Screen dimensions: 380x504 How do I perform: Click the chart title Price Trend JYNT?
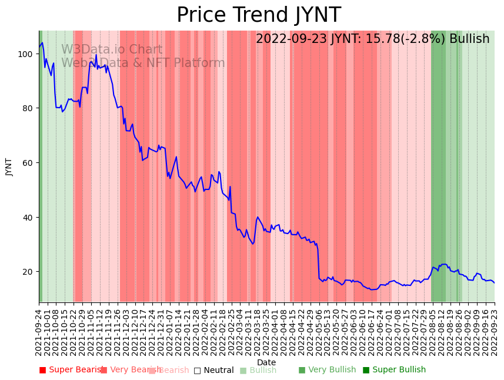pos(258,15)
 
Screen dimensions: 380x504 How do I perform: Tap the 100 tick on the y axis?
pos(26,54)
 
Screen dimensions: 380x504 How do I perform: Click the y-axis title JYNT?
pos(9,166)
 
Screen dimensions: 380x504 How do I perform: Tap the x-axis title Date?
pos(266,362)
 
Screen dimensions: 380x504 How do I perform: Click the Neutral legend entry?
pos(213,370)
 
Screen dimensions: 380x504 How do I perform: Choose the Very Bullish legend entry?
pos(327,370)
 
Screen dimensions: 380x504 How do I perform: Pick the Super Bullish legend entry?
pos(394,370)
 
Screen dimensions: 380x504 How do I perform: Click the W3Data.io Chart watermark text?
pos(112,49)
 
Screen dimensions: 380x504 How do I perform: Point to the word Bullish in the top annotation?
pos(469,39)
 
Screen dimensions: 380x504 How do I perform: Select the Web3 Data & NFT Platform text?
pos(143,63)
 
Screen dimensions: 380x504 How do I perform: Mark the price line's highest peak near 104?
pos(42,43)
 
